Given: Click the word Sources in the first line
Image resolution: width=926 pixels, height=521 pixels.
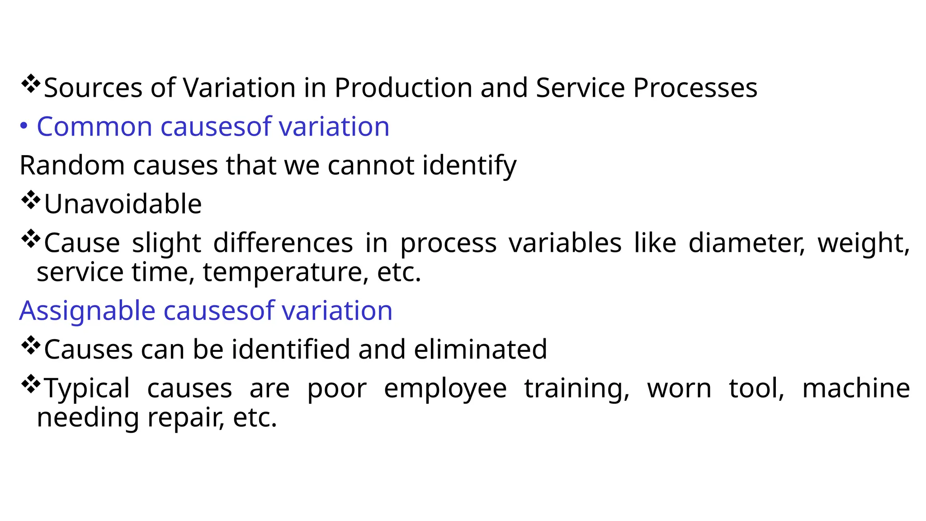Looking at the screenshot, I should (x=93, y=88).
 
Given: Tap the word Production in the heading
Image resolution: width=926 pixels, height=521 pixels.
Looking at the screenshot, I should (x=403, y=88).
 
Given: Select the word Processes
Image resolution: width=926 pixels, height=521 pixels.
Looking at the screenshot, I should (x=695, y=88).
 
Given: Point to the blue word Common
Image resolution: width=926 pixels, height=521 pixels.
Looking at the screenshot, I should (x=94, y=127).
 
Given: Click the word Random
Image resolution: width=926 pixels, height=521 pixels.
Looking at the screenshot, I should (x=72, y=166).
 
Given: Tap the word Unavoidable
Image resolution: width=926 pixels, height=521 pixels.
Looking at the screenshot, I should (x=123, y=204).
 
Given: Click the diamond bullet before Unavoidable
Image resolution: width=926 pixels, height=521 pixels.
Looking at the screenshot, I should (x=30, y=200).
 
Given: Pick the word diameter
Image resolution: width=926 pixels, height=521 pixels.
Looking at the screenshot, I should (x=746, y=243).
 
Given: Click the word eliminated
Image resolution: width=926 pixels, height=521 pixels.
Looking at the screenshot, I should (x=480, y=350).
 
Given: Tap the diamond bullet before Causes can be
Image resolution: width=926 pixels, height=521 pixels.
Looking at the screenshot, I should (x=30, y=346).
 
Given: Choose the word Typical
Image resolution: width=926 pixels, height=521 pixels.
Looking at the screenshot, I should (x=87, y=389).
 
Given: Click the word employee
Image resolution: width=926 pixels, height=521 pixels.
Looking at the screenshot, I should (x=445, y=389).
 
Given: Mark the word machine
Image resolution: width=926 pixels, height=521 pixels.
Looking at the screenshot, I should (x=856, y=388).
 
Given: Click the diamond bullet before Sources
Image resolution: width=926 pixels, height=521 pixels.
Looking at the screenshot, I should (x=30, y=84).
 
